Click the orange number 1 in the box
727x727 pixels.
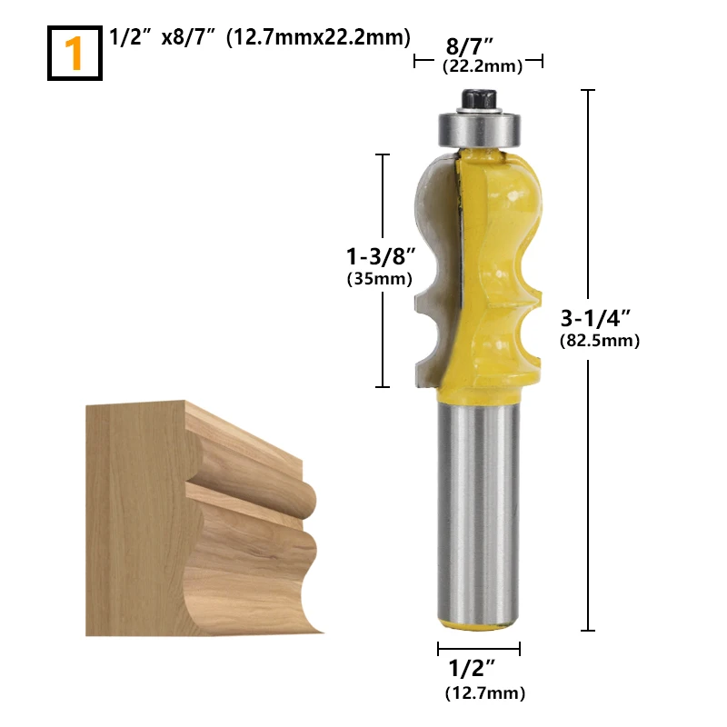(x=74, y=54)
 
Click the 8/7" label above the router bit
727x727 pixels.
(x=469, y=47)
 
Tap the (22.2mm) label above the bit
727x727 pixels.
(x=483, y=66)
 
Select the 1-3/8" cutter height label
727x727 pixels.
(x=381, y=256)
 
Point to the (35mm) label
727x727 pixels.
(x=380, y=279)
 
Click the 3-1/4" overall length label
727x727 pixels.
(x=596, y=319)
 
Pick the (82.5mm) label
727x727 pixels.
(x=600, y=341)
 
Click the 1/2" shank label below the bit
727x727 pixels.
(x=472, y=668)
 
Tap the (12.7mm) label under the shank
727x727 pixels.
(x=485, y=693)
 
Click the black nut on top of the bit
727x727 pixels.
(x=479, y=99)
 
